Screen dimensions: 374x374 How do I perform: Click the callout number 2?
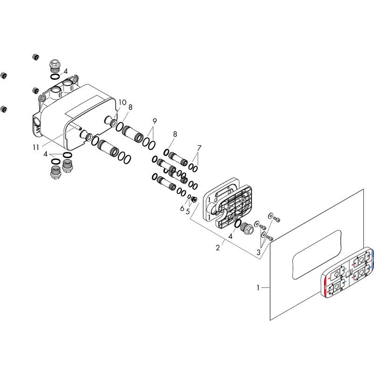point(217,248)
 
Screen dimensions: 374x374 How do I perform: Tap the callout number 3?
point(259,252)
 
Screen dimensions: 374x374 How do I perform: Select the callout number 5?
point(188,211)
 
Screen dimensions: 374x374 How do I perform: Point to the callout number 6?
point(182,209)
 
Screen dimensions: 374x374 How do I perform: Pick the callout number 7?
point(199,148)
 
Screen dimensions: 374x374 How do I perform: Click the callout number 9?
point(155,121)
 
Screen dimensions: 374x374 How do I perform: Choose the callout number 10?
point(122,102)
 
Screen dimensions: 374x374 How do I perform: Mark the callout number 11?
point(36,148)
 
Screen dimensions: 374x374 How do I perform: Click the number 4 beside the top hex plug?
point(65,72)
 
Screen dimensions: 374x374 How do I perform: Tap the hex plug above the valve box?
point(55,65)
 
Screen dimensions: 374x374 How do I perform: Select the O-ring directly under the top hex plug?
point(55,77)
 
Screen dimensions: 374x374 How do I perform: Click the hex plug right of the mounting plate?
point(246,229)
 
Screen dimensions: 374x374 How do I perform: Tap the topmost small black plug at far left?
point(36,57)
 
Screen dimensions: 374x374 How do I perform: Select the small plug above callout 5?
point(194,199)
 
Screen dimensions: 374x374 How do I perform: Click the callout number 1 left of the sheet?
point(258,288)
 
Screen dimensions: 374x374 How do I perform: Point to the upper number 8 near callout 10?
point(130,108)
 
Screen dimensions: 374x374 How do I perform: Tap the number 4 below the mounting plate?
point(230,237)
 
